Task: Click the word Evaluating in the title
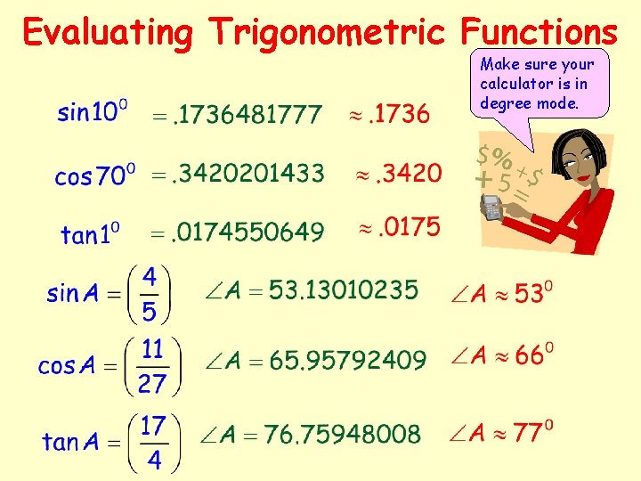(x=108, y=33)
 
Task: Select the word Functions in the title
(x=538, y=33)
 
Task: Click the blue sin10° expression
(x=92, y=113)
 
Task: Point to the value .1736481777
(x=247, y=114)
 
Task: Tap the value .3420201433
(x=248, y=174)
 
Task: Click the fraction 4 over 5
(x=150, y=293)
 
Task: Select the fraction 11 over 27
(x=152, y=365)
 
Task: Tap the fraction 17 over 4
(x=153, y=441)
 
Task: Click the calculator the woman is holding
(x=492, y=208)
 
